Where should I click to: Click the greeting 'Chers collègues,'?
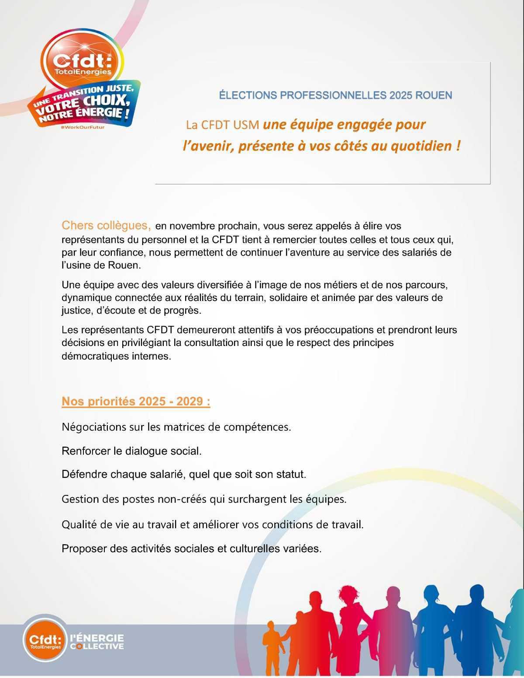pyautogui.click(x=106, y=226)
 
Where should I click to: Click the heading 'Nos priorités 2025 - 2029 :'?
pyautogui.click(x=136, y=402)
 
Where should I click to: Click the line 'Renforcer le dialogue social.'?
pyautogui.click(x=131, y=451)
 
